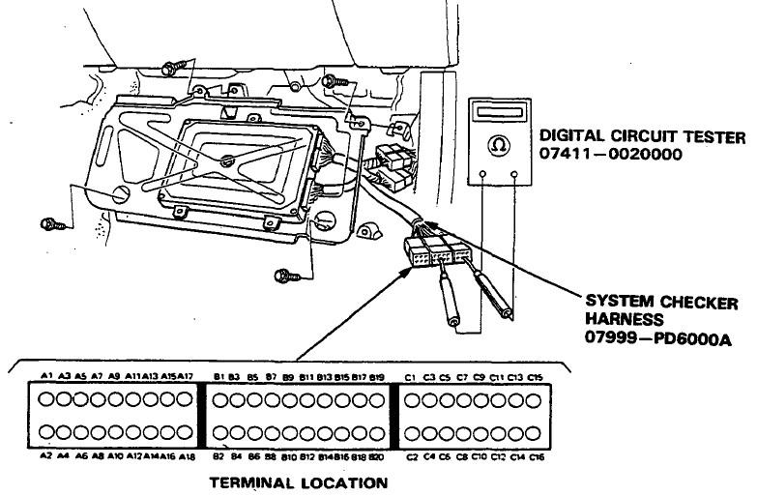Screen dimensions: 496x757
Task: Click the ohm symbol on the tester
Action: [x=499, y=145]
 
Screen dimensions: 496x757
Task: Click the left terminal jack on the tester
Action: [x=483, y=175]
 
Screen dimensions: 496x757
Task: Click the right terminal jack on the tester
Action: [x=513, y=175]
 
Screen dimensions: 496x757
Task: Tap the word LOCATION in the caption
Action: [x=342, y=481]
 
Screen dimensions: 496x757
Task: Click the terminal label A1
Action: [x=46, y=375]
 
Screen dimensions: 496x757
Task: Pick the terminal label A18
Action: [x=188, y=455]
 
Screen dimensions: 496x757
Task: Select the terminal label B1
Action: [x=219, y=375]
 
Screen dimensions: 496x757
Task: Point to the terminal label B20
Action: [x=376, y=455]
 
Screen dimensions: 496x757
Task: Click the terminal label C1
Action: [x=410, y=375]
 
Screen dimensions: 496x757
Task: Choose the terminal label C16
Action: [x=537, y=455]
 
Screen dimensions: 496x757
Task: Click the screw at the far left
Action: [x=49, y=224]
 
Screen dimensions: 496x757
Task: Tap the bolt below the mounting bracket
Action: [x=284, y=276]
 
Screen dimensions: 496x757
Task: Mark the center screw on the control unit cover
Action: [x=224, y=160]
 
